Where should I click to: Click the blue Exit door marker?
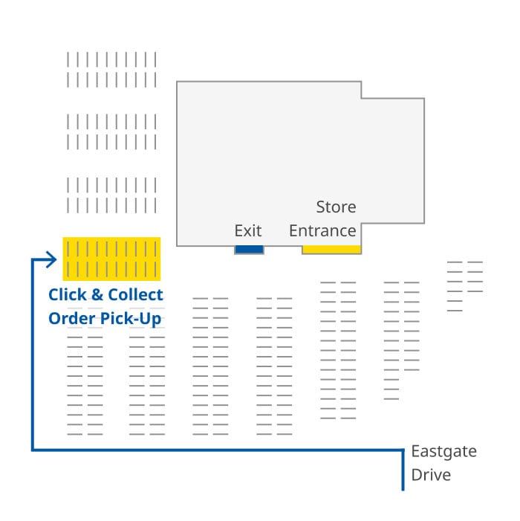pyautogui.click(x=249, y=250)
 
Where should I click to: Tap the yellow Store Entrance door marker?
pyautogui.click(x=331, y=250)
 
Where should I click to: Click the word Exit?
pyautogui.click(x=248, y=230)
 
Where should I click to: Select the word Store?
pyautogui.click(x=336, y=207)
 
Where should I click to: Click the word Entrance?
pyautogui.click(x=322, y=230)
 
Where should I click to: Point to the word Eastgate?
pyautogui.click(x=443, y=452)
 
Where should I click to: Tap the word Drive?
pyautogui.click(x=431, y=475)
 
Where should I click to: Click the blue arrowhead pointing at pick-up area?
pyautogui.click(x=51, y=259)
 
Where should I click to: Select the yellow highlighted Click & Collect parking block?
pyautogui.click(x=111, y=259)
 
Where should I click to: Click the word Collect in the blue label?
pyautogui.click(x=136, y=294)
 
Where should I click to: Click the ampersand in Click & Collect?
pyautogui.click(x=97, y=294)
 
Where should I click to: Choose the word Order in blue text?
pyautogui.click(x=73, y=318)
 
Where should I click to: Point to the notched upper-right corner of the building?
pyautogui.click(x=362, y=97)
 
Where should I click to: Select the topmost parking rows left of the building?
pyautogui.click(x=111, y=69)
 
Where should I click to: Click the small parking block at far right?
pyautogui.click(x=465, y=286)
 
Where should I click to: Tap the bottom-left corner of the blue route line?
pyautogui.click(x=32, y=450)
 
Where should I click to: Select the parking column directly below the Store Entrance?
pyautogui.click(x=338, y=349)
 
